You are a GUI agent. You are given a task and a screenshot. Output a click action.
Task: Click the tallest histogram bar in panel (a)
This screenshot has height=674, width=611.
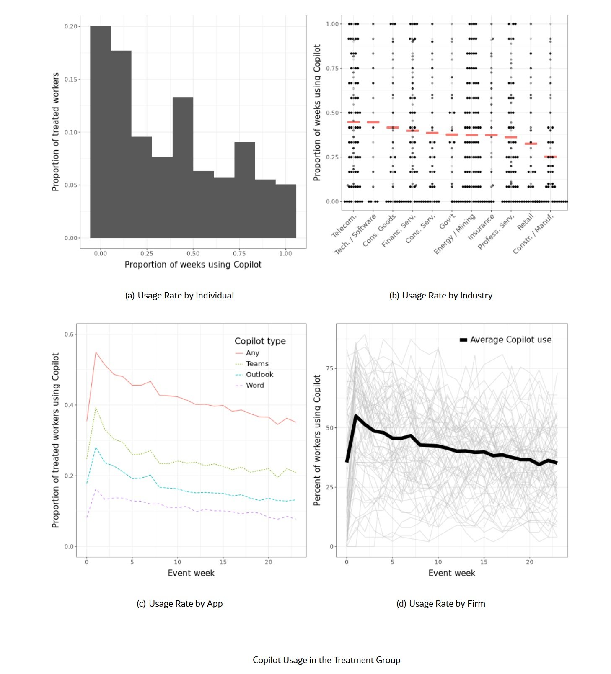(x=101, y=132)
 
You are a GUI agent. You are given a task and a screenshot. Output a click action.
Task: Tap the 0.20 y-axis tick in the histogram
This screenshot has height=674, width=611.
(x=71, y=26)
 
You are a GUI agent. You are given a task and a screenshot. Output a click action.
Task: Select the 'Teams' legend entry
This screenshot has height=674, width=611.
(x=257, y=364)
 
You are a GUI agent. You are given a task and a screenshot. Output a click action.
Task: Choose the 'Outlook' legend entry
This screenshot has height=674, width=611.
(x=259, y=375)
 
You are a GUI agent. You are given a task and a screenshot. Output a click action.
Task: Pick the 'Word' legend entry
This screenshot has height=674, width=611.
(x=255, y=386)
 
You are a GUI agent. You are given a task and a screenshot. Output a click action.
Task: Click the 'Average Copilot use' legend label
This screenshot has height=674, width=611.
(x=510, y=340)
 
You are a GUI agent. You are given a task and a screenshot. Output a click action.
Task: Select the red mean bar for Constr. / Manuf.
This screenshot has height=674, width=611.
(x=550, y=157)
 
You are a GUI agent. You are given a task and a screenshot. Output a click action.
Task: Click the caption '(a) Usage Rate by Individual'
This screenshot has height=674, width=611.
(x=179, y=296)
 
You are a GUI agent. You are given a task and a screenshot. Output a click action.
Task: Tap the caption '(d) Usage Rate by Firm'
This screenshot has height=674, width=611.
(x=441, y=604)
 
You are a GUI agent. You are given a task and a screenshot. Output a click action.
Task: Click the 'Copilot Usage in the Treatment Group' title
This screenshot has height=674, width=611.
(x=326, y=660)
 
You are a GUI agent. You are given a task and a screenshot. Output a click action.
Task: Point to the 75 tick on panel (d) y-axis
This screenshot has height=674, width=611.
(x=329, y=368)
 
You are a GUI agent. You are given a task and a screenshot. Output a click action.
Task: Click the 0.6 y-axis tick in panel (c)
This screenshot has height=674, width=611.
(x=69, y=334)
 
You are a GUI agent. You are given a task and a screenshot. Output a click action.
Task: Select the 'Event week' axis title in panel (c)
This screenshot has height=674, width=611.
(x=191, y=573)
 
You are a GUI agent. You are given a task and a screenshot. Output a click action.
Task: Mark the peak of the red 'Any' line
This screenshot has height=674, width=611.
(x=96, y=352)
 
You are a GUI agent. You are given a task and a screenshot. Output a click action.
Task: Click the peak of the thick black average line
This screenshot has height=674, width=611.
(x=356, y=416)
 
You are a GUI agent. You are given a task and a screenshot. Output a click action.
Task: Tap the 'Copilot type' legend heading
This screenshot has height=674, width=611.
(x=260, y=341)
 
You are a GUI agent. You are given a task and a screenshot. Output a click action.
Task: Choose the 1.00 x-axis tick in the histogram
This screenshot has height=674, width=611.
(x=285, y=253)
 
